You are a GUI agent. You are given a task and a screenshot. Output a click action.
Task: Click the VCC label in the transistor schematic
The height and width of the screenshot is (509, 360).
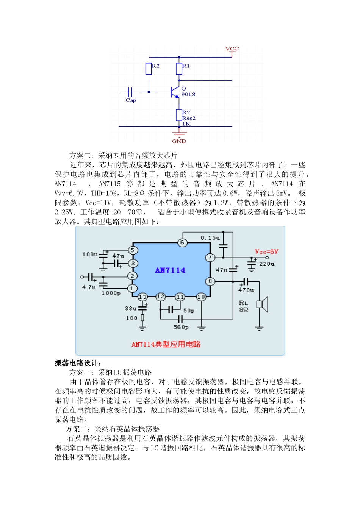point(232,49)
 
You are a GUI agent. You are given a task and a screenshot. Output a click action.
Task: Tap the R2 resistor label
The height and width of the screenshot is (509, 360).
point(156,66)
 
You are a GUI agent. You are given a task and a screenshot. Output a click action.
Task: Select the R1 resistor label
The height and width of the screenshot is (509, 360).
point(186,66)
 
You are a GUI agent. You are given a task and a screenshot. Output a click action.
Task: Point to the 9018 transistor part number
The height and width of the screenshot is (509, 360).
point(188,94)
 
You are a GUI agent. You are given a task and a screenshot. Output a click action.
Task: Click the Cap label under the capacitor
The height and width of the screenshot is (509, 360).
point(131,100)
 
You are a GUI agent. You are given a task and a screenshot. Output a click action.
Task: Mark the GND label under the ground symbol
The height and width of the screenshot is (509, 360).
point(179,141)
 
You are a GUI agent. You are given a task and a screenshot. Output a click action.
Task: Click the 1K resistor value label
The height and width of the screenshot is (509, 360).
point(186,124)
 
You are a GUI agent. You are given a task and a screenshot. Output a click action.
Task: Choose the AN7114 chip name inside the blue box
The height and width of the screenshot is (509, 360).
point(170,270)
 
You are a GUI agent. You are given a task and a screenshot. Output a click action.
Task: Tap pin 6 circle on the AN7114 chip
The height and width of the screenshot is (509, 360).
point(182,242)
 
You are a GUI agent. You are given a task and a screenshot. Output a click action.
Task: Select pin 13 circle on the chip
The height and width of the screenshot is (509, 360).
point(142,297)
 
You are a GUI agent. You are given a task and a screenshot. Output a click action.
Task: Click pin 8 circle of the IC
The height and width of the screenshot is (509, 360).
point(210,281)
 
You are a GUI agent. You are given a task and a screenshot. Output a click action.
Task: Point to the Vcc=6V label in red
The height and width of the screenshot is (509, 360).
point(266,252)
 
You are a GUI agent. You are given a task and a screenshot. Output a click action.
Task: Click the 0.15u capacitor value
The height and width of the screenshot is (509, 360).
point(210,238)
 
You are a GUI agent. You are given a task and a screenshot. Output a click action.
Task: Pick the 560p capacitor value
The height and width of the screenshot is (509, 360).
point(181,327)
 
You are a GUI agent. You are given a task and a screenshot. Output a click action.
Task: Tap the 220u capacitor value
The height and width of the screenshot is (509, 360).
point(267,264)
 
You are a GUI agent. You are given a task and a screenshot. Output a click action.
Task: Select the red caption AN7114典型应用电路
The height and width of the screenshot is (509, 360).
point(166,344)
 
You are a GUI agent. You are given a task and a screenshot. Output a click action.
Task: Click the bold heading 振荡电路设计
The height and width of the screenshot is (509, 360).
point(78,363)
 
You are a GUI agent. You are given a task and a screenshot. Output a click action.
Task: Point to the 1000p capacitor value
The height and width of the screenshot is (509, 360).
point(111,293)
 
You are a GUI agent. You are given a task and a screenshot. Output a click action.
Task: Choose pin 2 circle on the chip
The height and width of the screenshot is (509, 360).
point(132,276)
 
